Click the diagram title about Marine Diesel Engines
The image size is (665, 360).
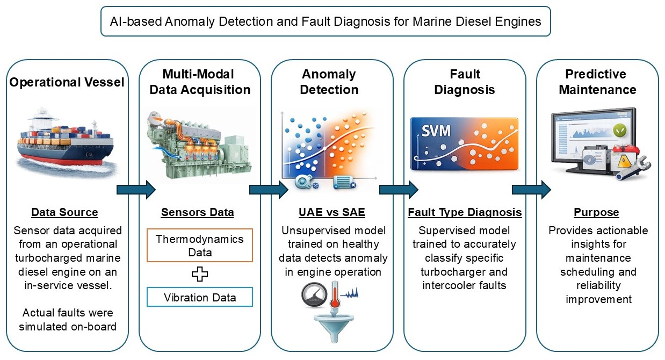(x=326, y=21)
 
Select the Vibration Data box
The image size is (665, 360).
(x=199, y=297)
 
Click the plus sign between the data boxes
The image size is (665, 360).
(x=199, y=274)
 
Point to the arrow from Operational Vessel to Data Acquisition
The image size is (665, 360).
(x=136, y=189)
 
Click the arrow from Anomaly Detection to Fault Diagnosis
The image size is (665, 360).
(x=399, y=189)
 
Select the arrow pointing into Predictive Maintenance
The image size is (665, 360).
(x=531, y=189)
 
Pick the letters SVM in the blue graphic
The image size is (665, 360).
(x=436, y=131)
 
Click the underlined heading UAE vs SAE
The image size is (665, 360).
(x=331, y=212)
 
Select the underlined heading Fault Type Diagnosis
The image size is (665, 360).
(x=465, y=212)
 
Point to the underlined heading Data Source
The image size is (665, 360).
(x=64, y=212)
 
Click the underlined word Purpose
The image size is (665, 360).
(x=596, y=212)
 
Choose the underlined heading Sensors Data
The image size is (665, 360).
(x=198, y=212)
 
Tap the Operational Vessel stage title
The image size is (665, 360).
(x=67, y=82)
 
